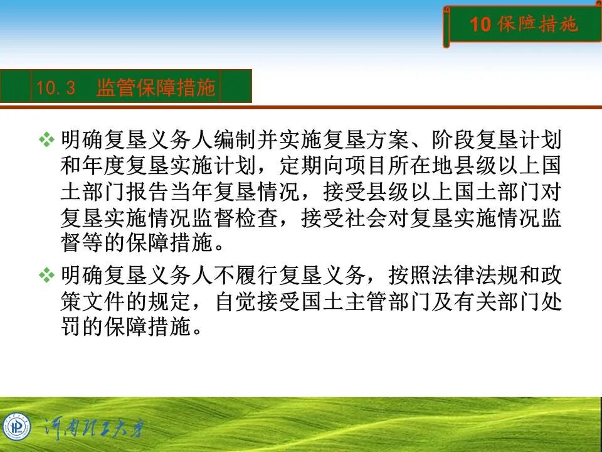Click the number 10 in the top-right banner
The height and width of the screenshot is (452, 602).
(x=480, y=24)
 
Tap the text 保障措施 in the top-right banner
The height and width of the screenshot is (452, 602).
(x=537, y=24)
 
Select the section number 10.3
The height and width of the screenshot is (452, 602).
(x=55, y=88)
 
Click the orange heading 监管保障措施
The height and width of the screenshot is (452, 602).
(x=156, y=88)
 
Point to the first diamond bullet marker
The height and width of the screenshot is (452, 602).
(x=47, y=139)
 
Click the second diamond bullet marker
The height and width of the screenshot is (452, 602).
(x=47, y=274)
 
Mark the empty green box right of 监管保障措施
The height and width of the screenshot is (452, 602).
(x=236, y=87)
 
